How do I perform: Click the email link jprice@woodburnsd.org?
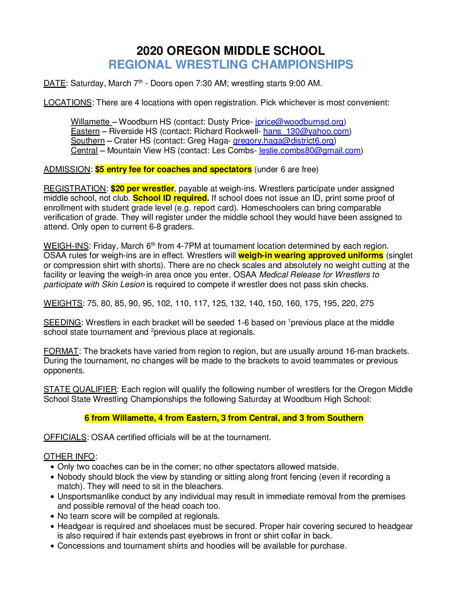300,122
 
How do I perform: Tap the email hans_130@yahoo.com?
306,131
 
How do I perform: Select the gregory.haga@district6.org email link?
283,140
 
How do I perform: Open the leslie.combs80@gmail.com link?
310,150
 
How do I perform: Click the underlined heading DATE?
54,83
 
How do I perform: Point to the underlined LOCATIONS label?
68,102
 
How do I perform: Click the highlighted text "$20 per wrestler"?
142,188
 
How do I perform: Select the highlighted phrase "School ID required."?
171,198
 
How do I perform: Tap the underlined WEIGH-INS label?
66,246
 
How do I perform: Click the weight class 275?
367,303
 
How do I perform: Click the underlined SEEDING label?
62,322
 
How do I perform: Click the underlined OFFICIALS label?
65,437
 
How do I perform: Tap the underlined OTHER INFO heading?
69,456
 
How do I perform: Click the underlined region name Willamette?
90,122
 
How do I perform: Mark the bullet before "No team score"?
53,516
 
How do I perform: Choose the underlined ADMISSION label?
67,169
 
